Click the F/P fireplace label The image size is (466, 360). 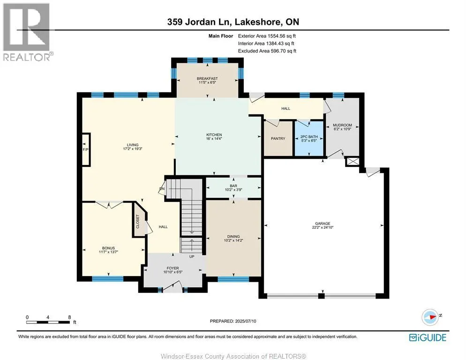[x=86, y=150]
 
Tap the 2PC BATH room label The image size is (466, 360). [x=309, y=137]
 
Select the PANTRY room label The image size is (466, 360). [x=278, y=139]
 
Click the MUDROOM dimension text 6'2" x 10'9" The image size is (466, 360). [x=342, y=129]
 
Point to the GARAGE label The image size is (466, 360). [x=323, y=224]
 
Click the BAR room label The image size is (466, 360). [x=233, y=186]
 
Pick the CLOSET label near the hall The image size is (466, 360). [x=138, y=221]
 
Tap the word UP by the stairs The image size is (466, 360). [x=192, y=256]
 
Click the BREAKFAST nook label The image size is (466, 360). [x=207, y=78]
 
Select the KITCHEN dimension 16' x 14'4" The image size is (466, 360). [x=214, y=139]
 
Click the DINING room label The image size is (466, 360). [x=233, y=237]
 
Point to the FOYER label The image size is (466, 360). [x=173, y=268]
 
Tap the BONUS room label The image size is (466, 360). [x=108, y=248]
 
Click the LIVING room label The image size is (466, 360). [x=133, y=145]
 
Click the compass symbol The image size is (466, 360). [x=430, y=317]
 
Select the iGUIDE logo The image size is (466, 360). [x=428, y=337]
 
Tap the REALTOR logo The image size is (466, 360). [x=28, y=32]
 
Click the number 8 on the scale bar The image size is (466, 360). [x=69, y=317]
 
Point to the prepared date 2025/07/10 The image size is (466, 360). [x=246, y=321]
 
